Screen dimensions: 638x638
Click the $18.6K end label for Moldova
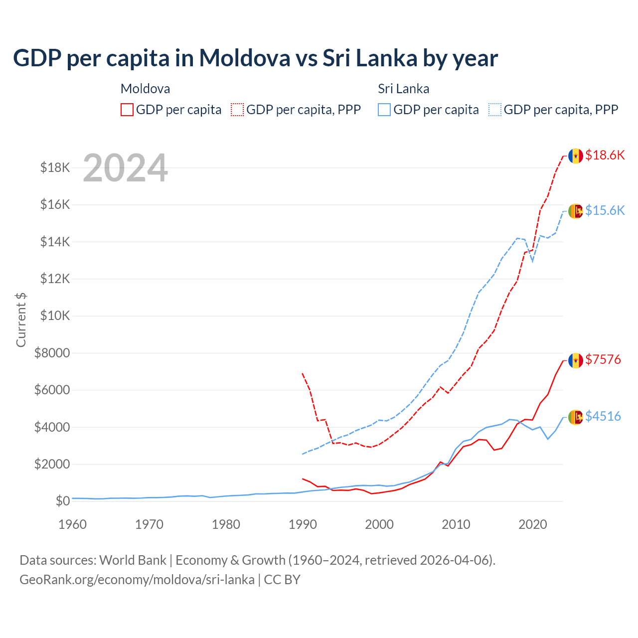(x=605, y=155)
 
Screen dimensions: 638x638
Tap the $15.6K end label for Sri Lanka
(x=605, y=210)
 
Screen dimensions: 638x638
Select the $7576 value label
(x=603, y=359)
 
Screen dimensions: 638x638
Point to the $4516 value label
(x=603, y=416)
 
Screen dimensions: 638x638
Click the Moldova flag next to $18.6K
(x=576, y=156)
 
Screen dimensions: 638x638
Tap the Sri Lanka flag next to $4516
(x=576, y=417)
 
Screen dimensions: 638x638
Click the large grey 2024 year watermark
(x=125, y=168)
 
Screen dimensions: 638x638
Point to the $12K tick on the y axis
(x=55, y=279)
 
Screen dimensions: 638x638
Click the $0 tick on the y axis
(x=62, y=501)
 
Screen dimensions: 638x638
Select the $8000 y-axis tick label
(x=52, y=353)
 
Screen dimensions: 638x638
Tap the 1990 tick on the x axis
(x=303, y=524)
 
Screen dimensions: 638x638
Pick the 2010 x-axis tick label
(x=456, y=524)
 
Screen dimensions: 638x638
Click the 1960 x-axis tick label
(x=73, y=524)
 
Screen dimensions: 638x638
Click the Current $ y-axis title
(x=21, y=319)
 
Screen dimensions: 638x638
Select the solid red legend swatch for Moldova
(x=127, y=110)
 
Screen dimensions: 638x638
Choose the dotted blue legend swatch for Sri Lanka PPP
(x=495, y=110)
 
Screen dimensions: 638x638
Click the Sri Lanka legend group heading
(x=403, y=89)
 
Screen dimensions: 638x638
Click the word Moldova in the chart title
(x=245, y=58)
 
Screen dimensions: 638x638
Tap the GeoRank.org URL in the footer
(x=137, y=580)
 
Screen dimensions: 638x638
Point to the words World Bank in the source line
(x=133, y=560)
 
